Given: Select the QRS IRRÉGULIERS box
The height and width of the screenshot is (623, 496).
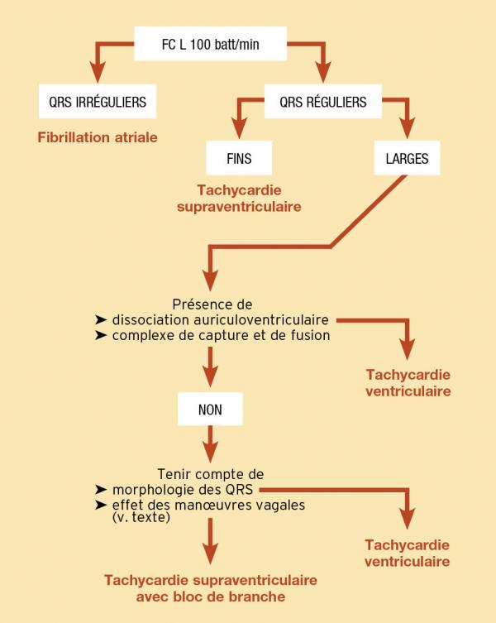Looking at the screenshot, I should tap(98, 103).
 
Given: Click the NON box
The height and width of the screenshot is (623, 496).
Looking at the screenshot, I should tap(209, 410).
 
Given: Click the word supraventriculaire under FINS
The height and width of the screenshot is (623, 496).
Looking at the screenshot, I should tap(239, 205).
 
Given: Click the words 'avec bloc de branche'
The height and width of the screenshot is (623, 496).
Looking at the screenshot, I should tap(210, 596).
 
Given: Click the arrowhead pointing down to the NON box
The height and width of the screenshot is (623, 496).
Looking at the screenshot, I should tap(209, 377).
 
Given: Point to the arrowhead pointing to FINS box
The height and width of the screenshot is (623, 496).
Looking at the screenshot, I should tap(240, 132).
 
